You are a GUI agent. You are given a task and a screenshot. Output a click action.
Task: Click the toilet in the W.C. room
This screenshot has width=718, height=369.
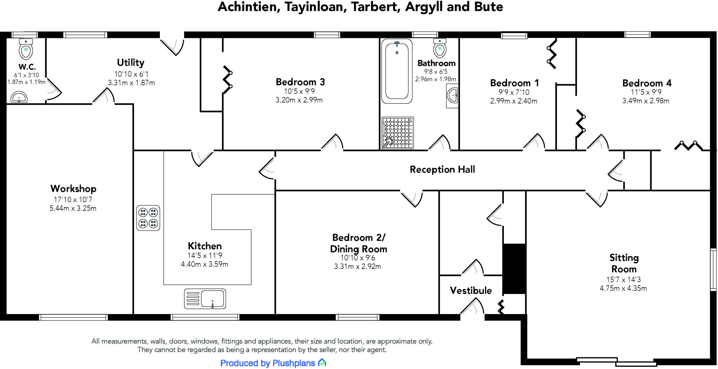26,50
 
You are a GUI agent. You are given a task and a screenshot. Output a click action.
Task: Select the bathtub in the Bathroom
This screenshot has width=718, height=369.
397,71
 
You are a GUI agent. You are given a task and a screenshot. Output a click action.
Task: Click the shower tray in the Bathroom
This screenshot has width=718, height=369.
398,133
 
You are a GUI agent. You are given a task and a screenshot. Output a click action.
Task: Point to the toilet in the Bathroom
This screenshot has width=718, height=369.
440,48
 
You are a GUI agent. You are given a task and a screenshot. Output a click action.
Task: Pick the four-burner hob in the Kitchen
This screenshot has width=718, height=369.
148,218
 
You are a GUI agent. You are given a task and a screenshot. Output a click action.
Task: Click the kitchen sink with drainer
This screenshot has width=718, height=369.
205,299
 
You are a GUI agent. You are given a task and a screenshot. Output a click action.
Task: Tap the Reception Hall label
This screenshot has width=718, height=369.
442,170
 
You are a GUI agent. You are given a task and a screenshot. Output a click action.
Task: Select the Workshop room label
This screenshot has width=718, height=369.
73,189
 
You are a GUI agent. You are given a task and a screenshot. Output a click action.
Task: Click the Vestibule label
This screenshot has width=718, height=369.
470,291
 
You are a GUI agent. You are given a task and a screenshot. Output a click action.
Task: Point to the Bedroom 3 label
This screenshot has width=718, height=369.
300,82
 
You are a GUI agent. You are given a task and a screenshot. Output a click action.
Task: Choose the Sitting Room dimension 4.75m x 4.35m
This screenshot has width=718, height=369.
623,288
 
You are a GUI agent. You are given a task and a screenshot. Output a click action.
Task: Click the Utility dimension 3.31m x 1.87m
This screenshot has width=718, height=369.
131,83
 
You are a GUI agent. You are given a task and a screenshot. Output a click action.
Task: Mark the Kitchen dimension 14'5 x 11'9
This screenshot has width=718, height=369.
205,256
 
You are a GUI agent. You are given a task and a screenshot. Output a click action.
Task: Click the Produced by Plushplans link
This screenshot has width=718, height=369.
267,363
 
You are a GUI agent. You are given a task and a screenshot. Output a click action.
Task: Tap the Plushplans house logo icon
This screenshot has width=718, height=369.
322,363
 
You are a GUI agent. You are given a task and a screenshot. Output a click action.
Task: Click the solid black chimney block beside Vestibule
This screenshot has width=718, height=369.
514,269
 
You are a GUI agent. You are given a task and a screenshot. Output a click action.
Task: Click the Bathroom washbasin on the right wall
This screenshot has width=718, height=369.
453,95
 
